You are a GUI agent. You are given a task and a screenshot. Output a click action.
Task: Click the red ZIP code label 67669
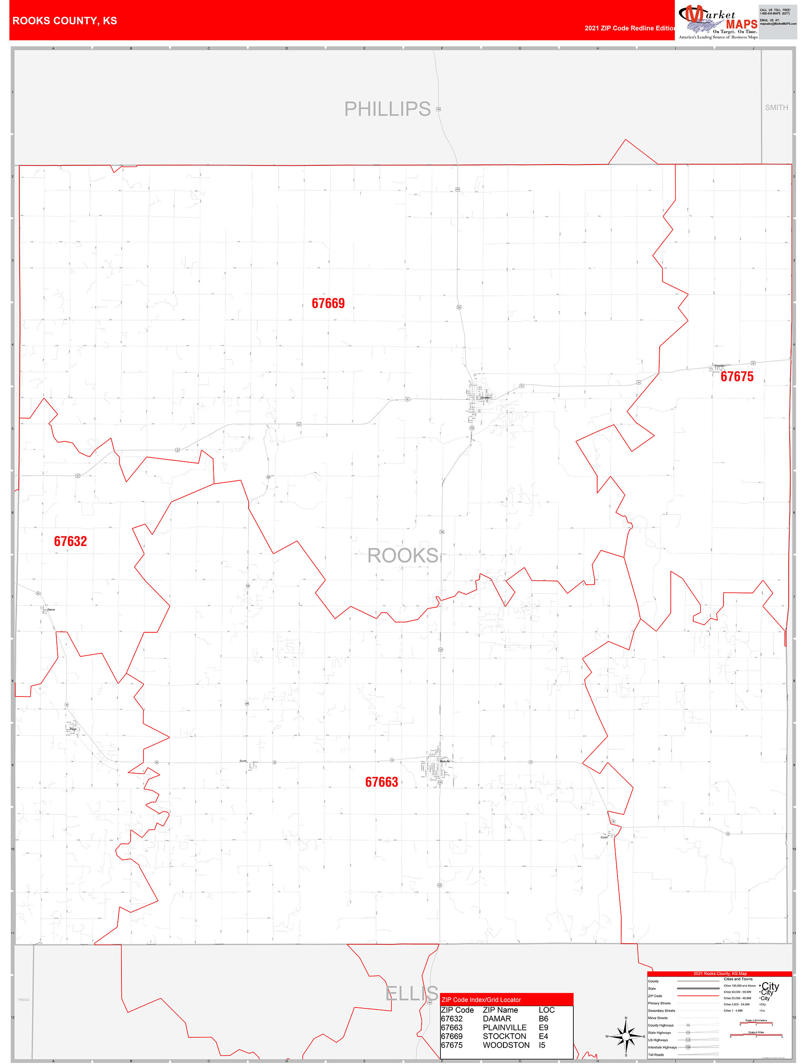click(x=328, y=304)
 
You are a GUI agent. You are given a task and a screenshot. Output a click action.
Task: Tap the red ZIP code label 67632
click(x=70, y=542)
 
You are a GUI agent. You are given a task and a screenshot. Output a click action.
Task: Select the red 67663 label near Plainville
click(x=381, y=782)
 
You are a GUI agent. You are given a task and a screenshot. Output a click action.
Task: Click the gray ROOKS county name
click(x=402, y=556)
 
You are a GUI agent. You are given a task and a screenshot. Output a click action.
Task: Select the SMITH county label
click(x=776, y=108)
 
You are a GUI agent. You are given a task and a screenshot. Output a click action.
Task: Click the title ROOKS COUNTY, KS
click(x=65, y=21)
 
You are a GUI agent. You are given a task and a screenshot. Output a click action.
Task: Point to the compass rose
click(x=626, y=1036)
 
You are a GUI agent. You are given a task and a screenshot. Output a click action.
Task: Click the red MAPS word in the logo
click(x=741, y=24)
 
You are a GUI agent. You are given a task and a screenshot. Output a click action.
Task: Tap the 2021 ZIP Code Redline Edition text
click(x=630, y=28)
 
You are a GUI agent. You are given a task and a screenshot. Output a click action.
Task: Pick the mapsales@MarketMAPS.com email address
click(x=777, y=24)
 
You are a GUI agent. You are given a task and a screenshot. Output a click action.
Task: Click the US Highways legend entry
click(x=657, y=1040)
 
